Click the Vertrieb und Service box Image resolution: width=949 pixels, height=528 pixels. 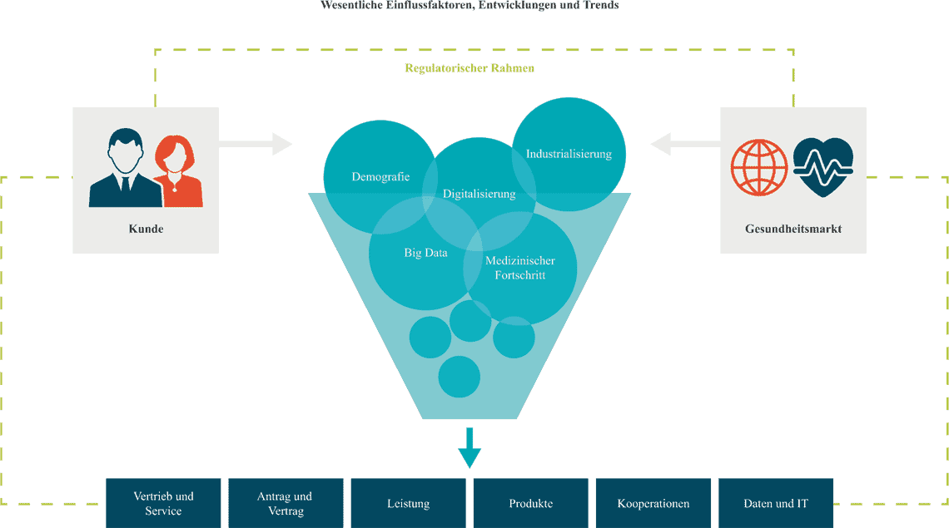(163, 503)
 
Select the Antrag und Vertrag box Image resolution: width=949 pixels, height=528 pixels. (285, 503)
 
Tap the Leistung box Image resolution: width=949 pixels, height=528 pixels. (408, 503)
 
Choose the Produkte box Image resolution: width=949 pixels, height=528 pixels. (530, 503)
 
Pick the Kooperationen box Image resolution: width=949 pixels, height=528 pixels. (653, 503)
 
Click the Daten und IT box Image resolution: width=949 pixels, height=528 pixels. (775, 503)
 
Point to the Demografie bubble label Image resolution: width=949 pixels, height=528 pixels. (380, 177)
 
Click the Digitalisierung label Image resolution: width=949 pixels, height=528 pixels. (479, 194)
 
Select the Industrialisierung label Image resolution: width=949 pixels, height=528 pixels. (569, 154)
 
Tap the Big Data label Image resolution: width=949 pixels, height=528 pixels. (425, 253)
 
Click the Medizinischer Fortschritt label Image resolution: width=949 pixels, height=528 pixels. (519, 268)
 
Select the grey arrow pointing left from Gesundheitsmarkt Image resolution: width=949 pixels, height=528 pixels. (685, 145)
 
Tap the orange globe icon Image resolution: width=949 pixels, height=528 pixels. (758, 167)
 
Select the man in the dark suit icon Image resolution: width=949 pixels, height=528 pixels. (126, 170)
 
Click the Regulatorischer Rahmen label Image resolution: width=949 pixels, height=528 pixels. (470, 68)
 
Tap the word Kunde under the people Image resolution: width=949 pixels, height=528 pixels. (146, 229)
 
